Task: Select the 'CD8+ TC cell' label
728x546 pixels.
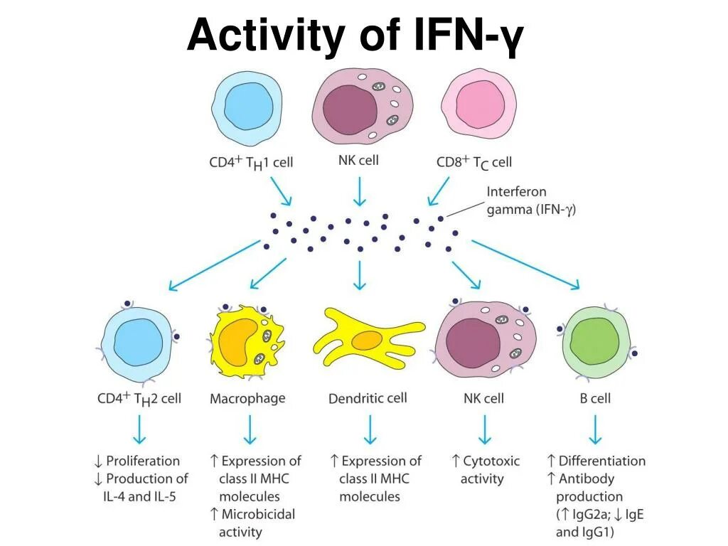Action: [x=473, y=162]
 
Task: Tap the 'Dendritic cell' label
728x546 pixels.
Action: [x=368, y=398]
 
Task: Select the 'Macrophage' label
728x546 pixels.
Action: [x=247, y=398]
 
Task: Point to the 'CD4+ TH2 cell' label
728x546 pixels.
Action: [x=139, y=398]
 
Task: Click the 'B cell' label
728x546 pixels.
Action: [x=595, y=398]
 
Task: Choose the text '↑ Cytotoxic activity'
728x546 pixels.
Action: [x=486, y=469]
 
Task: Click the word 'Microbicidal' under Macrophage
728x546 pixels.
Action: [x=257, y=513]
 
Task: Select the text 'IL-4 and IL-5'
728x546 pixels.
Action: [x=140, y=496]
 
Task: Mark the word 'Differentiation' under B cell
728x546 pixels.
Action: [x=601, y=461]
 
